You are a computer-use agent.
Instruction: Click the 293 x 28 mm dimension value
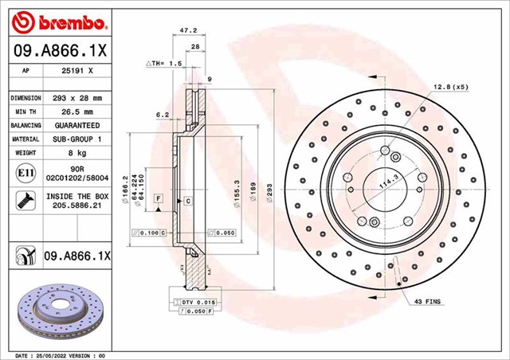pyautogui.click(x=77, y=97)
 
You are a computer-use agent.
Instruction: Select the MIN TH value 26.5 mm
pyautogui.click(x=77, y=112)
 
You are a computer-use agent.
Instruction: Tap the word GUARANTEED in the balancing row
pyautogui.click(x=77, y=126)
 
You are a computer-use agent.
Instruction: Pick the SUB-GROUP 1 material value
pyautogui.click(x=77, y=139)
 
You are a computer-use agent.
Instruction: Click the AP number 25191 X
pyautogui.click(x=77, y=70)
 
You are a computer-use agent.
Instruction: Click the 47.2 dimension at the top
pyautogui.click(x=188, y=30)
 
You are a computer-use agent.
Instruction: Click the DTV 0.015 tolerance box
pyautogui.click(x=194, y=302)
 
